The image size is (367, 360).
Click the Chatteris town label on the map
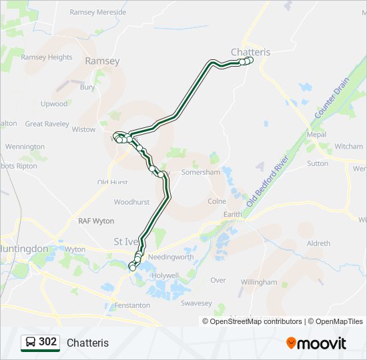(251, 52)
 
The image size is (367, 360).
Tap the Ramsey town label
(102, 61)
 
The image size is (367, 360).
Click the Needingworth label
(171, 257)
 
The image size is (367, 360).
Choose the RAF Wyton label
(96, 221)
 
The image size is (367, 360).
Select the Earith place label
(233, 214)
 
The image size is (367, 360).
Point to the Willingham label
(259, 282)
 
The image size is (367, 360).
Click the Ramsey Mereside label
(97, 13)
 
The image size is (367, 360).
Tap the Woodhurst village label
(131, 201)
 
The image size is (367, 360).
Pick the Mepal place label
(316, 135)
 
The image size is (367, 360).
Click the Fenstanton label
(131, 305)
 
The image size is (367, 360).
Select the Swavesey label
(196, 303)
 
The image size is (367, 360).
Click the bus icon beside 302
(30, 343)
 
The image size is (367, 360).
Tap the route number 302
(47, 342)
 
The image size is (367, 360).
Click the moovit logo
(316, 343)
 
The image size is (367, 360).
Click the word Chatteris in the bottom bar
(87, 343)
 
